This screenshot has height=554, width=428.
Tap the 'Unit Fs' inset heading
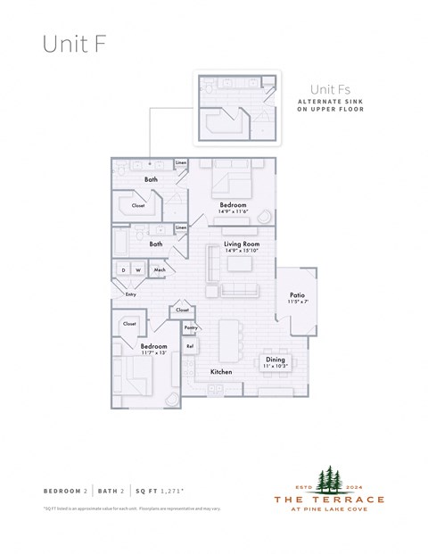327,89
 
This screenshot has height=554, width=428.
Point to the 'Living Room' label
241,244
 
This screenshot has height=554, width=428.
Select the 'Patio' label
299,294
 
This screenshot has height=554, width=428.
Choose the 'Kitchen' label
220,371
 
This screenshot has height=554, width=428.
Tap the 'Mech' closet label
160,270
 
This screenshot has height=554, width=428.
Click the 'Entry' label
131,294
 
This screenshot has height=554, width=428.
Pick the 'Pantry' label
191,328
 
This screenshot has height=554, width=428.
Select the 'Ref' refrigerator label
190,345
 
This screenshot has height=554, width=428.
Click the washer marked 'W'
138,270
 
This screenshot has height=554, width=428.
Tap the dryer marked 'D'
123,270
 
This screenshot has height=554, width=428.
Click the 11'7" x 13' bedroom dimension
153,353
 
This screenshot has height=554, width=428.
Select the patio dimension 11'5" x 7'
299,302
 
